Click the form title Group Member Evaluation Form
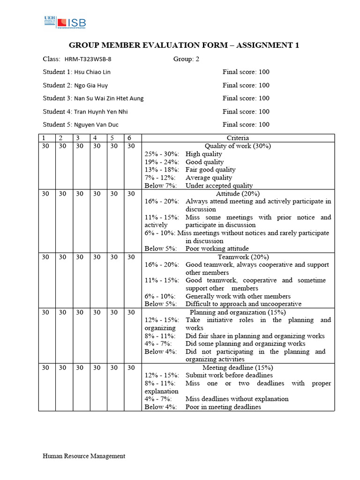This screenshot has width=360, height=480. point(184,45)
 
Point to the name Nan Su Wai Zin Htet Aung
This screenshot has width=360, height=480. point(109,98)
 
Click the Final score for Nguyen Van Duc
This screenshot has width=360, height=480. point(246,125)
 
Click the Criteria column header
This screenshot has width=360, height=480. point(238,138)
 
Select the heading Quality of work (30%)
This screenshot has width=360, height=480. point(238,146)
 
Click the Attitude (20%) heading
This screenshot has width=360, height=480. point(238,193)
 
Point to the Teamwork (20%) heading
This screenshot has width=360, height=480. point(238,257)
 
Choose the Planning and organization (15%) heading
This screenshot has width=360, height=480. point(238,312)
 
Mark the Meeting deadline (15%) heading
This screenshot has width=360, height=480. point(238,367)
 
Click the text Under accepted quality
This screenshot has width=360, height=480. point(219,186)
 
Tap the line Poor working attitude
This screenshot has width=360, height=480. point(217,249)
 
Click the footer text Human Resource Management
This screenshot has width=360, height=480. point(84,456)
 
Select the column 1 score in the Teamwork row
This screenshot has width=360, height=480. point(45,257)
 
